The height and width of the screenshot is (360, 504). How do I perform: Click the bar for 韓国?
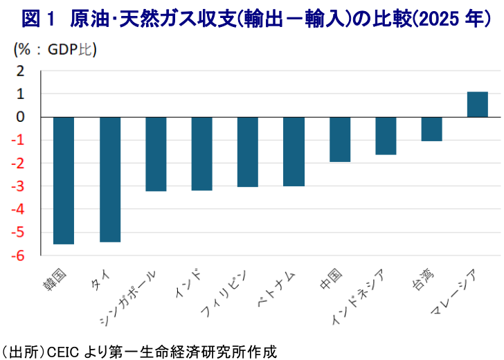64,180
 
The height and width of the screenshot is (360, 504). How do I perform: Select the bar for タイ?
110,179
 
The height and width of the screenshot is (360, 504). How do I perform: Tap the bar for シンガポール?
156,154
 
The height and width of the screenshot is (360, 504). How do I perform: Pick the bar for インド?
201,153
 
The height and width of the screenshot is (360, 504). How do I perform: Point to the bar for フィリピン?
247,152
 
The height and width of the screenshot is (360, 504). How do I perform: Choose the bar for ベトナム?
294,151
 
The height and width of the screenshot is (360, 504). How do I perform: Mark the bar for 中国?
339,139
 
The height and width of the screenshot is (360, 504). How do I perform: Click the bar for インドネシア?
386,135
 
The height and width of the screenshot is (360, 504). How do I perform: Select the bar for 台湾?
431,129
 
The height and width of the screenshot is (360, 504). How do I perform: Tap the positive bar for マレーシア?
478,105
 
